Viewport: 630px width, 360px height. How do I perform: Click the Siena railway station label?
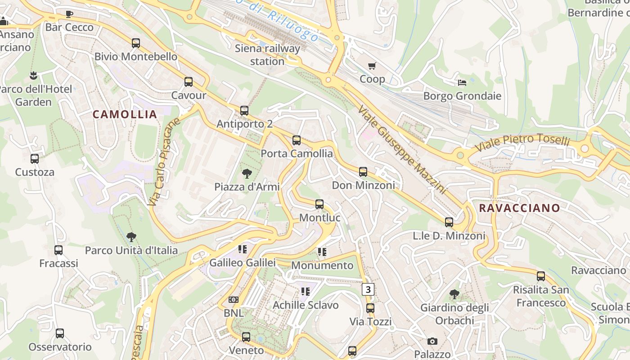[267, 54]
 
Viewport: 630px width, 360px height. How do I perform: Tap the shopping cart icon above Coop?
[372, 66]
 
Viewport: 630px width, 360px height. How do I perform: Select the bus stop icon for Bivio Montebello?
[136, 43]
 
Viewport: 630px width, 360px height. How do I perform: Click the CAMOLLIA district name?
[125, 114]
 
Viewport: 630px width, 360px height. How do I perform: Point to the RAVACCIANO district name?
[519, 208]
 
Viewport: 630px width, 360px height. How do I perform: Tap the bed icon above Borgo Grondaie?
[462, 82]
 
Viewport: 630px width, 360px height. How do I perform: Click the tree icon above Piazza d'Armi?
[247, 173]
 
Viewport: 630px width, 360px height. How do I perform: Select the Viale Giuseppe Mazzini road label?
[402, 150]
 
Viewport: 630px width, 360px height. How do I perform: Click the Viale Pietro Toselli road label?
[522, 143]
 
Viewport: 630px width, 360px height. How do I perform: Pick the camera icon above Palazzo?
[432, 341]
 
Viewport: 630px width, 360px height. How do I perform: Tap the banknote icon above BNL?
[234, 299]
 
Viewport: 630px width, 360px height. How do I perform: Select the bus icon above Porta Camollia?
[297, 140]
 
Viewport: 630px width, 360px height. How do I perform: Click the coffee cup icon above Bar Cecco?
[69, 14]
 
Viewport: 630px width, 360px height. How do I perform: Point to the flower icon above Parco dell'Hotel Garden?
[33, 75]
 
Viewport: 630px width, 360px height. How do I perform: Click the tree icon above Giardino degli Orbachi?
[454, 294]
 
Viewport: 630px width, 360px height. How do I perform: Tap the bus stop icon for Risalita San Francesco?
[541, 276]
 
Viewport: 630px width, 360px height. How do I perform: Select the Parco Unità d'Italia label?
[131, 250]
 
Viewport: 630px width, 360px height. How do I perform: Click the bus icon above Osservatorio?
[60, 333]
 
